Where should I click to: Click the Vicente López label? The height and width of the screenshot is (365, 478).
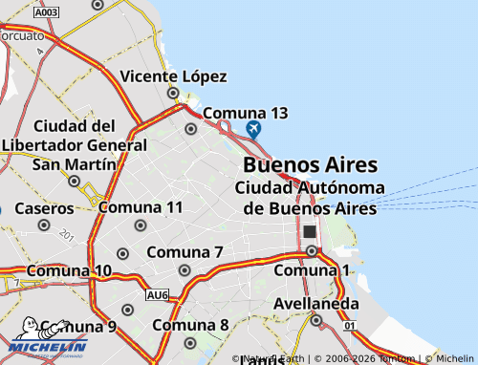173,76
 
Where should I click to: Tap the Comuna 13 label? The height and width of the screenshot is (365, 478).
245,113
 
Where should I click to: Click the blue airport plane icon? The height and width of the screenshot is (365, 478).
253,129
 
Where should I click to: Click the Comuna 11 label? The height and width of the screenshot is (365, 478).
141,207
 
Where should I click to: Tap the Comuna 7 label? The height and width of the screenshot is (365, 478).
185,252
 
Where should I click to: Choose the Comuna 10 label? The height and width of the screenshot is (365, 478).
69,271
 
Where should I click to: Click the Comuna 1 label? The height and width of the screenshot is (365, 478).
312,271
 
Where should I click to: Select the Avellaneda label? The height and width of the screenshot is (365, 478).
316,304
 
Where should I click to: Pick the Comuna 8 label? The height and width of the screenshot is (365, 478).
190,325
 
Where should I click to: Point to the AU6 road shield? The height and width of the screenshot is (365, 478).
158,296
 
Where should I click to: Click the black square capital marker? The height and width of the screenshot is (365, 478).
309,231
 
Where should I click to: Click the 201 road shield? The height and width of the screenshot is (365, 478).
66,234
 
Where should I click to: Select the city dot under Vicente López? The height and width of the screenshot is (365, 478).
174,93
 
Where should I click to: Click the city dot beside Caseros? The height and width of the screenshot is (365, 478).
44,225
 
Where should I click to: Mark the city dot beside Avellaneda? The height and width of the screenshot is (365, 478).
316,320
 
